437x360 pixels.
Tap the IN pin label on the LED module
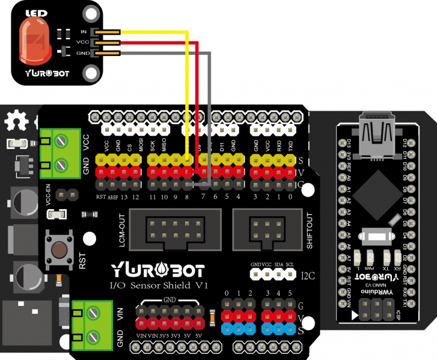84,31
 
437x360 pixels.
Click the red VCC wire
198,108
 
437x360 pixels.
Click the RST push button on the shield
60,248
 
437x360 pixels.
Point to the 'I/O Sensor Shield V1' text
157,285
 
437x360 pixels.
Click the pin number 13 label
124,197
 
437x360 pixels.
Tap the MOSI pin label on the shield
141,145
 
